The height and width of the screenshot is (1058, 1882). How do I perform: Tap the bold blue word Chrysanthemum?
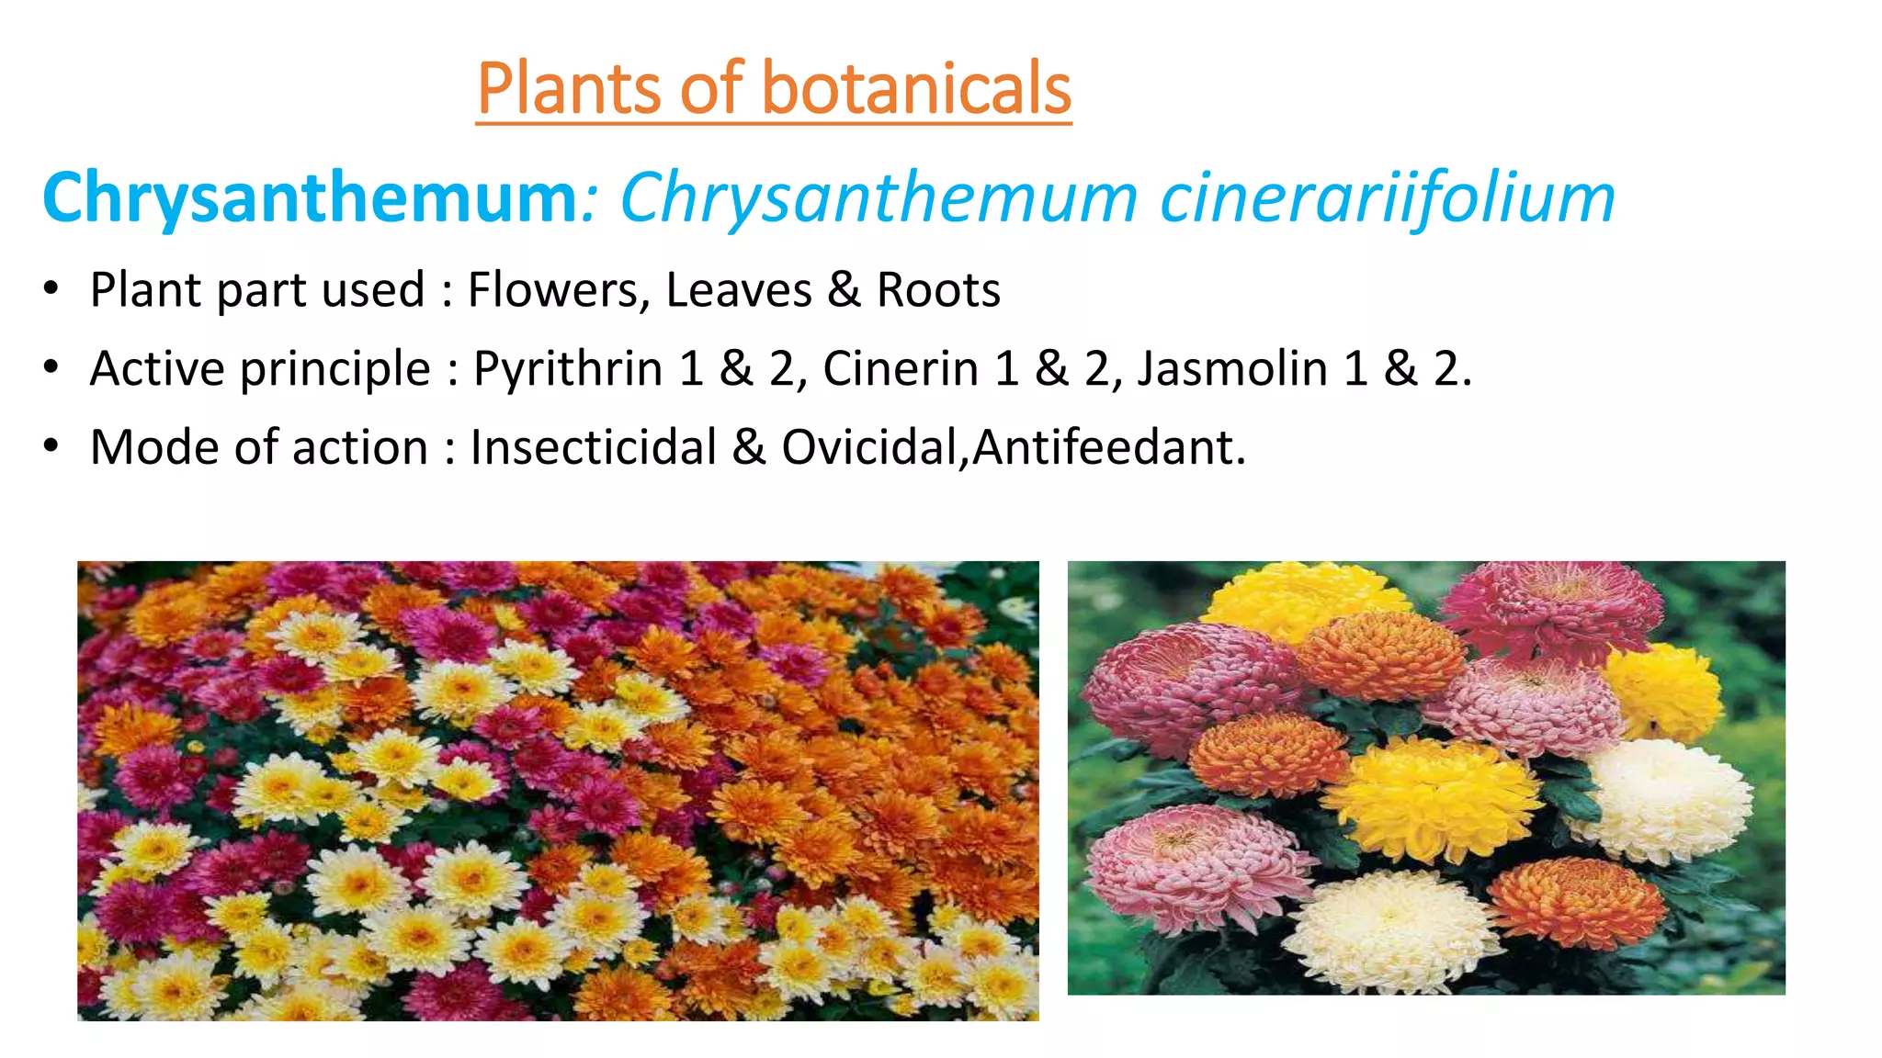click(309, 197)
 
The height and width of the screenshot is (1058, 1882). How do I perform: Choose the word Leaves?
click(739, 290)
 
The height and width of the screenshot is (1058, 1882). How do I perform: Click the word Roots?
click(938, 290)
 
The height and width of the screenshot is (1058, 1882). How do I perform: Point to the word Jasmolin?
click(1232, 369)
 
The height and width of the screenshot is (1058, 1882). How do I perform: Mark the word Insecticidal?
click(593, 448)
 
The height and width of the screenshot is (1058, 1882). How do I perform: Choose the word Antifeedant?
click(1108, 448)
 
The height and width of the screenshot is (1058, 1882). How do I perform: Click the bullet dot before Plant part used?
click(51, 290)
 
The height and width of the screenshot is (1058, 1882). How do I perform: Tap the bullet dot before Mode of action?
click(51, 448)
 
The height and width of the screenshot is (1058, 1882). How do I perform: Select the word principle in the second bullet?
click(335, 369)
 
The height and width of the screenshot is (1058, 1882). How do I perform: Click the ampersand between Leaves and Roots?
click(844, 290)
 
